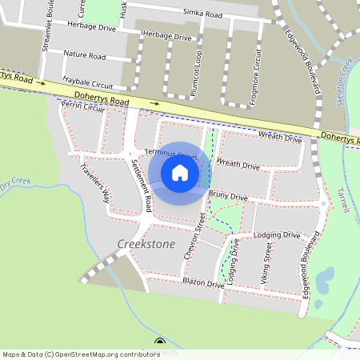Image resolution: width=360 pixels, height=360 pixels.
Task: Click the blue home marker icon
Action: [180, 173]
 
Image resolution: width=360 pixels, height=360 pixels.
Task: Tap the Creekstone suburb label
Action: [146, 242]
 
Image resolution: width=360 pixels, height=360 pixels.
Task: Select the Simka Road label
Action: [202, 14]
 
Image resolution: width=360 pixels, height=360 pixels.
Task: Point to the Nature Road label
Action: [85, 56]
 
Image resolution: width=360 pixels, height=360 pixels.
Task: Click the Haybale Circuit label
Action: [92, 82]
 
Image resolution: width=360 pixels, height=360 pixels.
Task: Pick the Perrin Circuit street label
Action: [82, 106]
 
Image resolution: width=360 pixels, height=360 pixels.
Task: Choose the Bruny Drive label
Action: [227, 193]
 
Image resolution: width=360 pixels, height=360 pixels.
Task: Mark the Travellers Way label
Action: [95, 181]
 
